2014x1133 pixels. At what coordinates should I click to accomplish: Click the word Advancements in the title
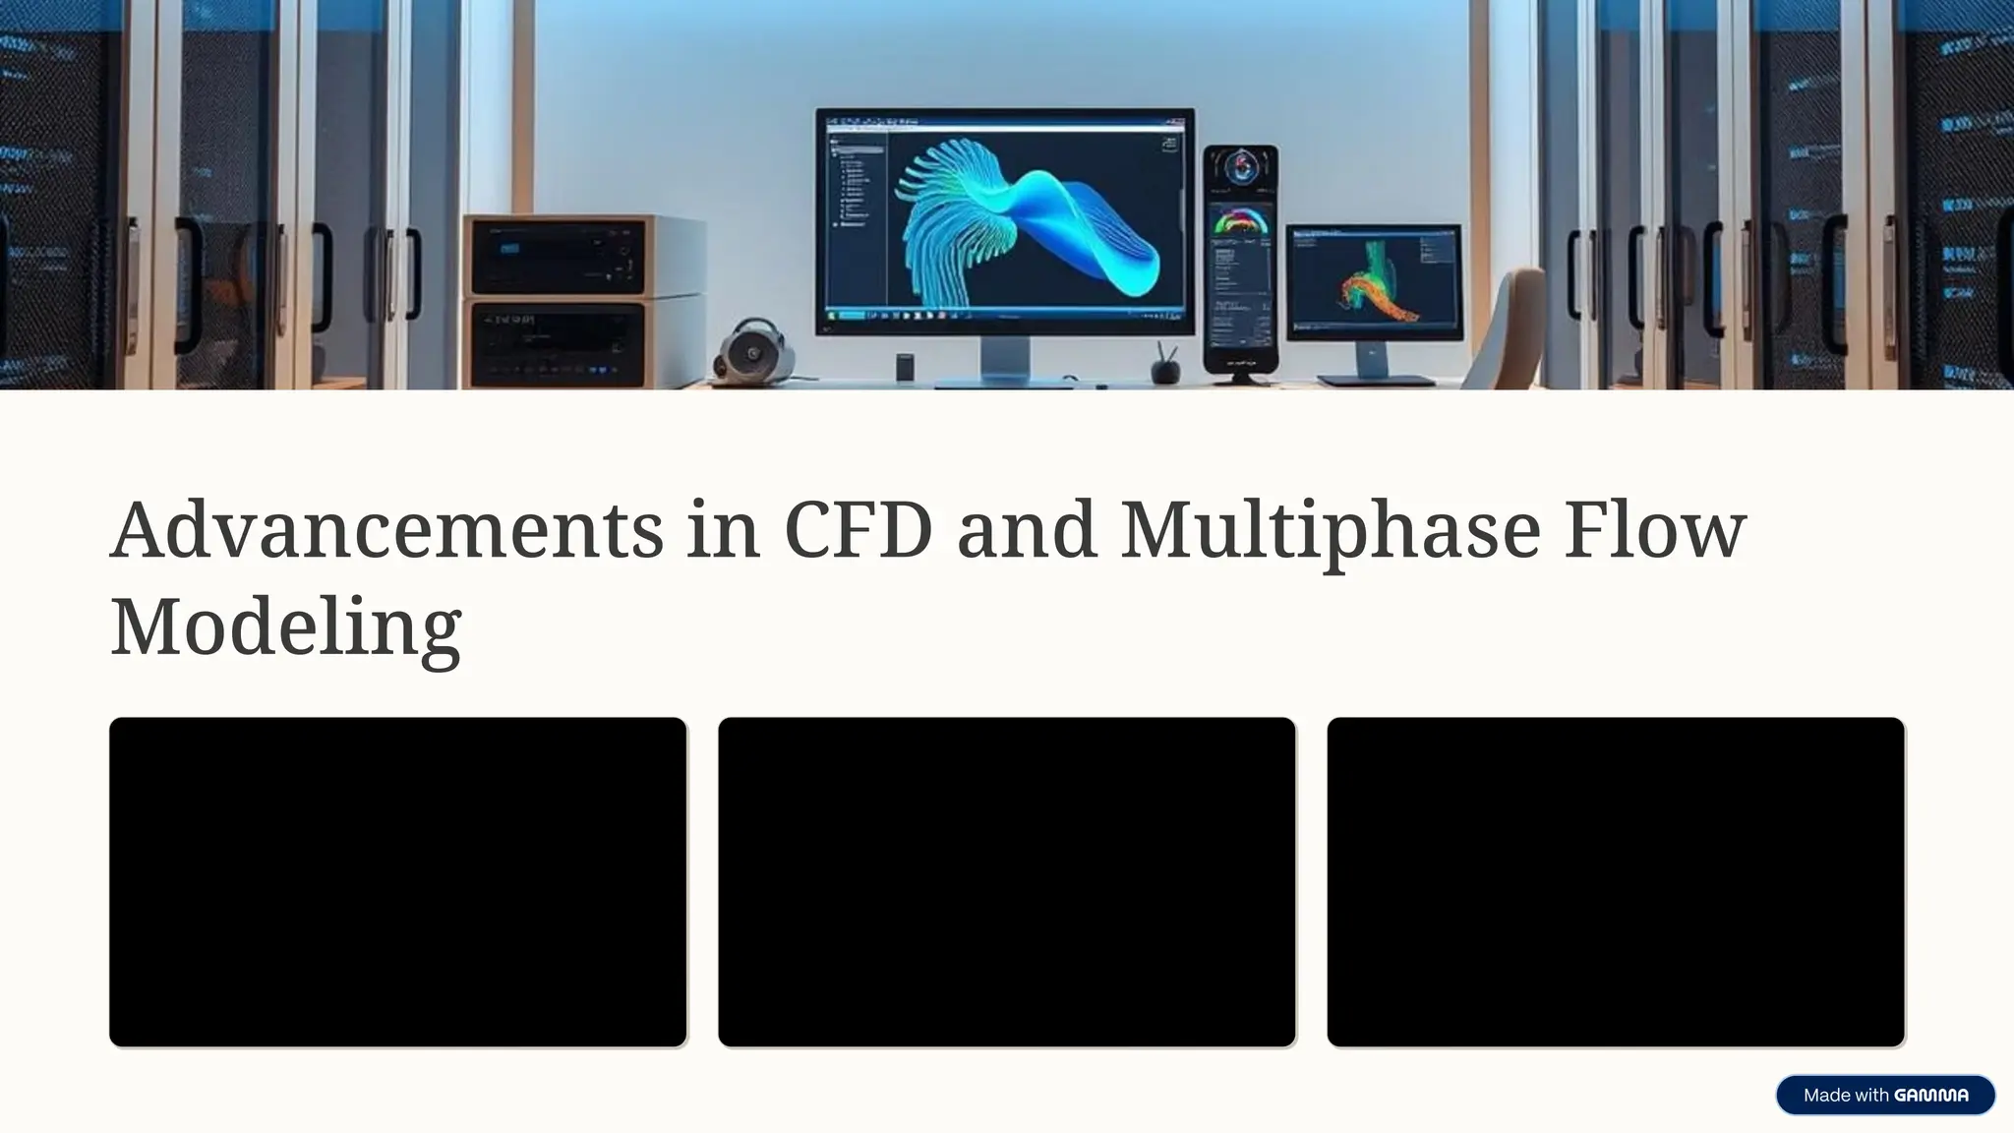tap(385, 530)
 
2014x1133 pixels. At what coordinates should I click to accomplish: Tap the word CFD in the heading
tap(858, 530)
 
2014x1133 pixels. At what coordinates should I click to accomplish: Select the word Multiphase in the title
tap(1330, 530)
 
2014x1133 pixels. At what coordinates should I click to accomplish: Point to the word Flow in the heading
tap(1654, 530)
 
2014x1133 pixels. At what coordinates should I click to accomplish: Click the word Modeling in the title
tap(285, 626)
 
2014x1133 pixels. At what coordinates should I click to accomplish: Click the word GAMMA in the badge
tap(1930, 1096)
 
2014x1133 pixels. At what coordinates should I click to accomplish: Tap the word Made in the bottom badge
tap(1826, 1096)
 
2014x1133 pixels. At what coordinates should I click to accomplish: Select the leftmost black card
tap(397, 881)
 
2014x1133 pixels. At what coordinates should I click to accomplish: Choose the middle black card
tap(1006, 881)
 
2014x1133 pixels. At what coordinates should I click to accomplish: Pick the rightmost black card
tap(1615, 881)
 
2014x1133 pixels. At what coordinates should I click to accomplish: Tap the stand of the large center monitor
tap(1005, 360)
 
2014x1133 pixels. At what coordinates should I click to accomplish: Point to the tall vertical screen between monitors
tap(1241, 261)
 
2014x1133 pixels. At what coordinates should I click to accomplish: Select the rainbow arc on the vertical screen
tap(1240, 221)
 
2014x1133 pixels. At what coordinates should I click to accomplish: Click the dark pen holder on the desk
tap(1165, 369)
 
